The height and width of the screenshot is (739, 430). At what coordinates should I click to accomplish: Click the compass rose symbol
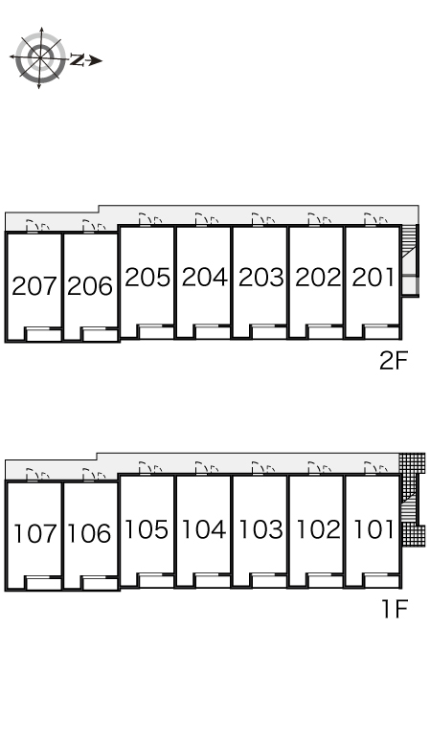coord(39,58)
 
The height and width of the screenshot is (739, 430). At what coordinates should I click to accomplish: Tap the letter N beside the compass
coord(77,60)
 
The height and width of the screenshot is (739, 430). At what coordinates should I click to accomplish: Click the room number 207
coord(34,286)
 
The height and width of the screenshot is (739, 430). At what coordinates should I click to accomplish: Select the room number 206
coord(90,286)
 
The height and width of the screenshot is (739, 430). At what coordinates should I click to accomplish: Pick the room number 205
coord(147,278)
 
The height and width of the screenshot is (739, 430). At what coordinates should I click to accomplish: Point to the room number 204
coord(204,278)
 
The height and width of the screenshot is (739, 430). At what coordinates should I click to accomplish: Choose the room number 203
coord(261,278)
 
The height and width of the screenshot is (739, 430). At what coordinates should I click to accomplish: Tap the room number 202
coord(318,278)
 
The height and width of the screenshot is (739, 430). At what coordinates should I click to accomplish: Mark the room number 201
coord(373,278)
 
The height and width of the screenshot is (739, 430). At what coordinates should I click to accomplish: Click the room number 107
coord(34,533)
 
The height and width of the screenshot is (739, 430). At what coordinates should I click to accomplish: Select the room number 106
coord(89,533)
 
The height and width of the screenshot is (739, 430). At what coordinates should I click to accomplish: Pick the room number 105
coord(147,529)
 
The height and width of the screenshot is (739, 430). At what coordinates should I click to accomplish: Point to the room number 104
coord(204,529)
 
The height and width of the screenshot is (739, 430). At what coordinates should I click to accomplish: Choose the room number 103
coord(260,529)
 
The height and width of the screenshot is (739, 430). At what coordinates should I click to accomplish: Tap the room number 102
coord(318,529)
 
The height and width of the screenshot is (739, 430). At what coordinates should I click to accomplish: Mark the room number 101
coord(373,529)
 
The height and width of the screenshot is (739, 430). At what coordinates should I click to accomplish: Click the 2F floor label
coord(394,362)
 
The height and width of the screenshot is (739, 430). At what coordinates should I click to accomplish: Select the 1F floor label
coord(395,610)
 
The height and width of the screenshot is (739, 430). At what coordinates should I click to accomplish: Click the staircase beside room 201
coord(409,260)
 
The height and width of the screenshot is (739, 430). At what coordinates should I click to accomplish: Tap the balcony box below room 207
coord(43,334)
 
